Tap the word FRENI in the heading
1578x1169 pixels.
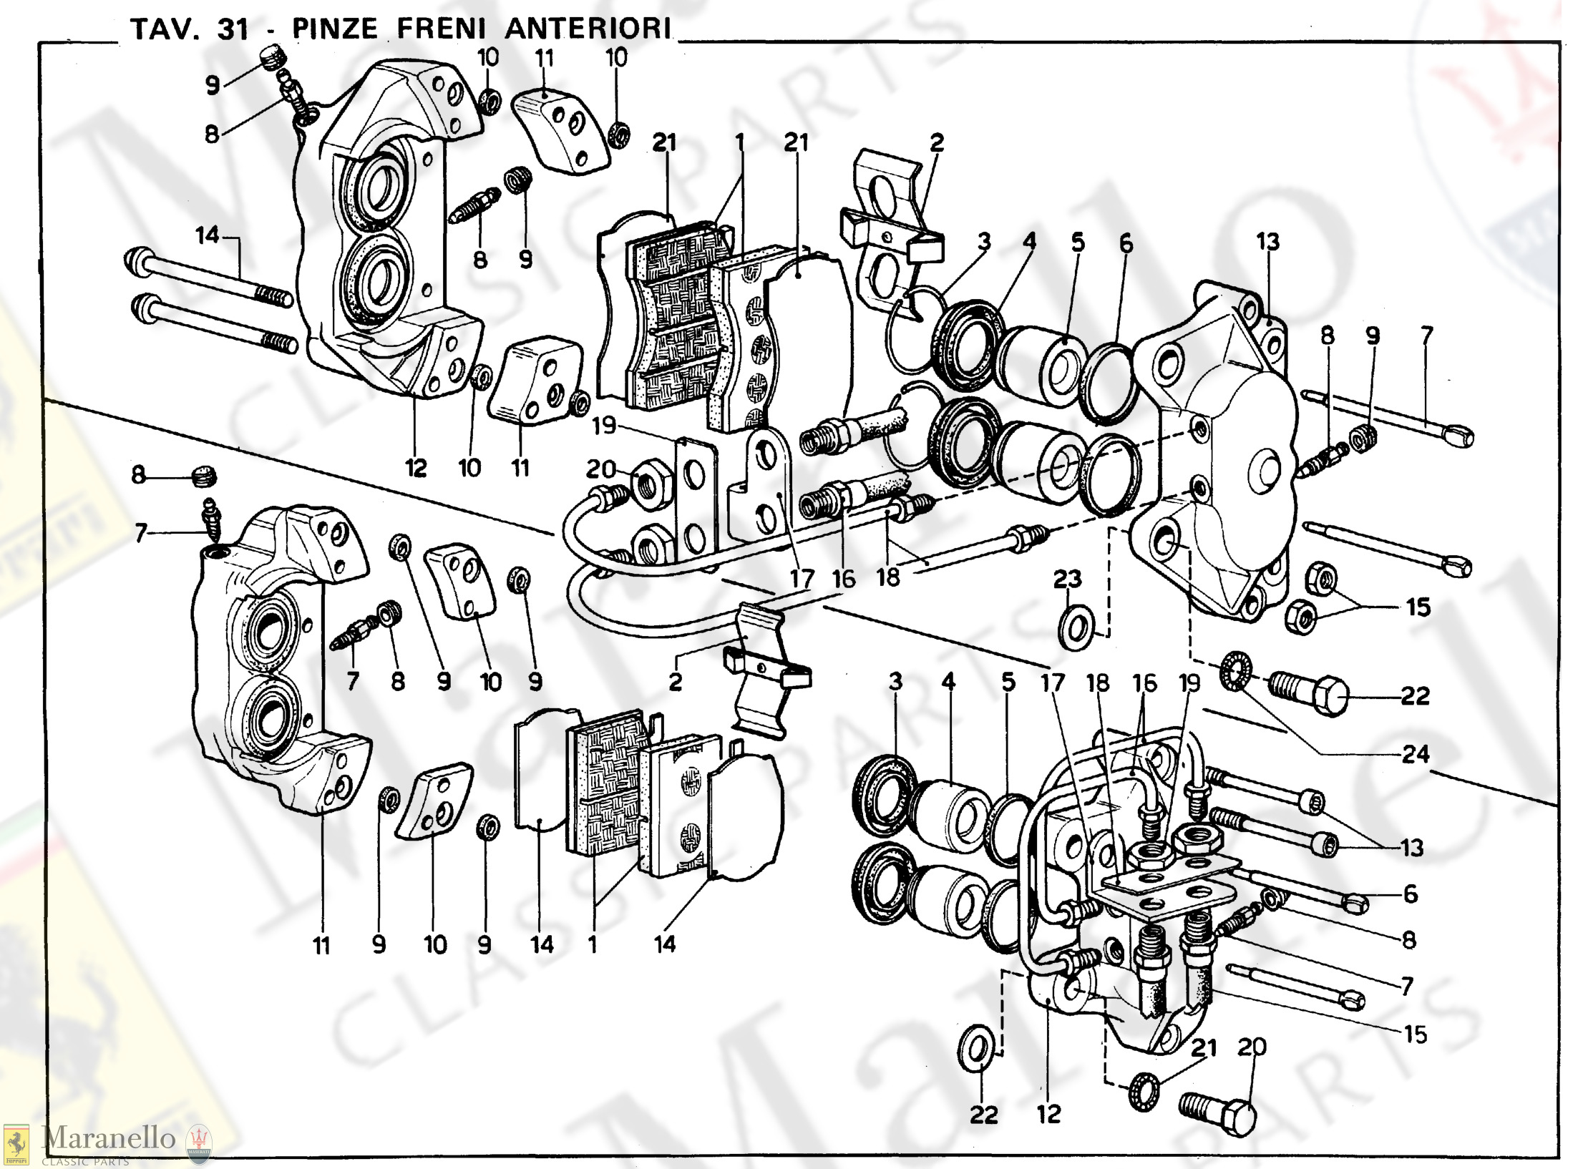(x=442, y=29)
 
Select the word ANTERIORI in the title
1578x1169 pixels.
(x=589, y=29)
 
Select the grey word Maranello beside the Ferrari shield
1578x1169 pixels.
(x=109, y=1138)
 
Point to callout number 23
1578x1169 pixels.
(x=1067, y=579)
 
